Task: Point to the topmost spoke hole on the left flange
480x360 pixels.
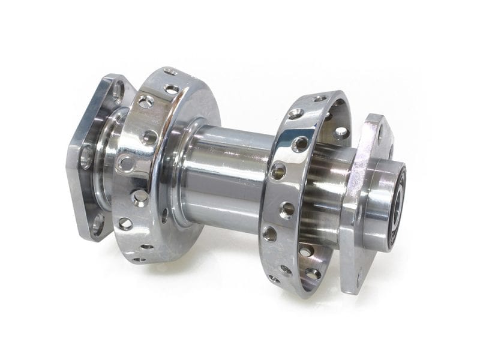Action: [171, 71]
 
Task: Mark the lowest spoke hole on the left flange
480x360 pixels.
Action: [139, 260]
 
